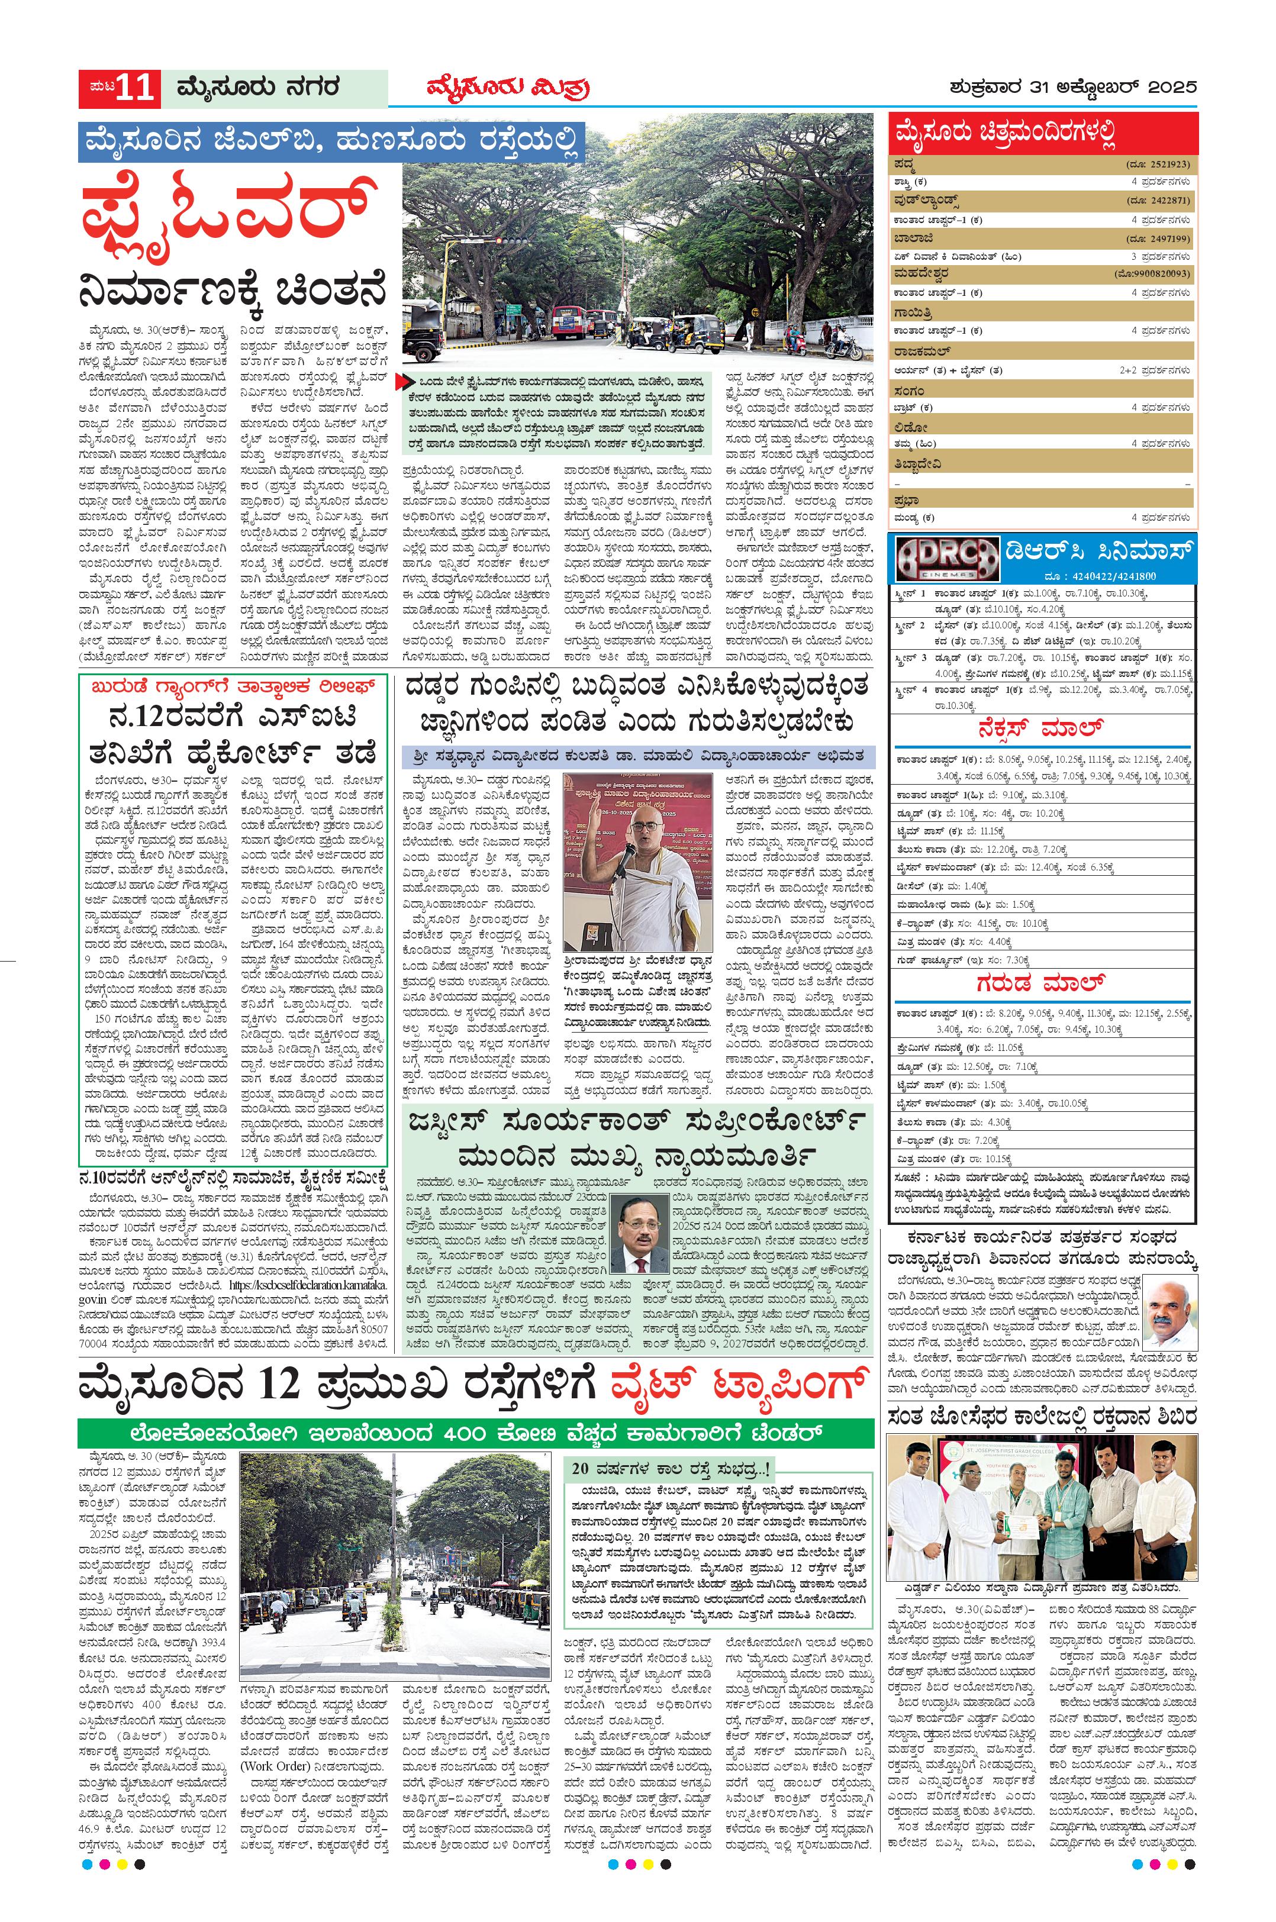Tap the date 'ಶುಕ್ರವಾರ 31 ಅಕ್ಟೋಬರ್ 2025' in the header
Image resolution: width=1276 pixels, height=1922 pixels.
1072,87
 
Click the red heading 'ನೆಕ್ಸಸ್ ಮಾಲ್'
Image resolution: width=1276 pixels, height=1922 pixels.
1042,727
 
